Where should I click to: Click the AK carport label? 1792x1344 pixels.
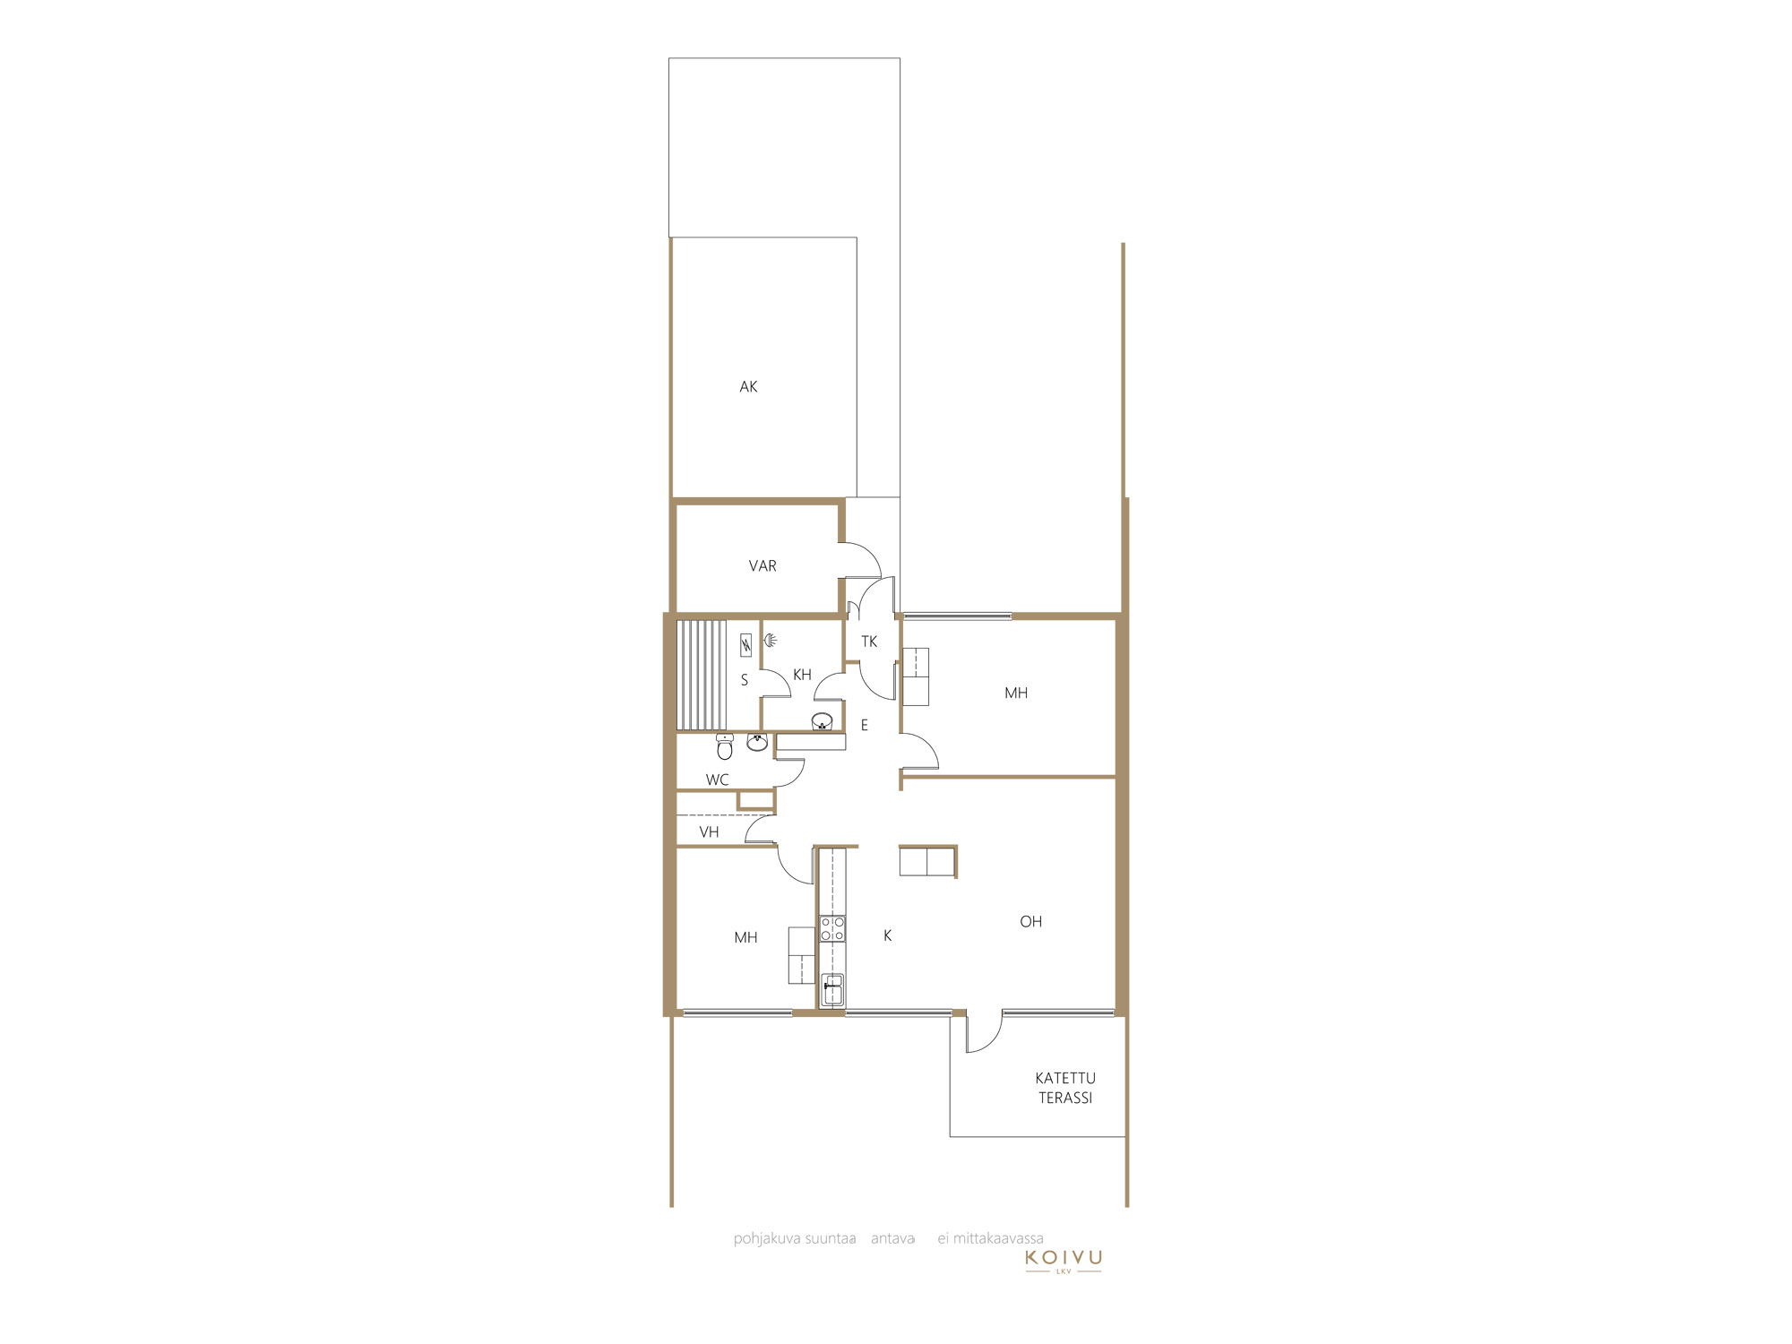click(748, 387)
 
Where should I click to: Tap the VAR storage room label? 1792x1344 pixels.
click(762, 566)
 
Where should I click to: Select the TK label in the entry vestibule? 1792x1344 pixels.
click(869, 642)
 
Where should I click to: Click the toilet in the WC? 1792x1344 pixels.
click(725, 746)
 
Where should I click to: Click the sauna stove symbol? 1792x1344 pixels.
click(745, 645)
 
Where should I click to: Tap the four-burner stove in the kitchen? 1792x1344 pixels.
click(832, 928)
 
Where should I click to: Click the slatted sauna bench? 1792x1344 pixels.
click(702, 675)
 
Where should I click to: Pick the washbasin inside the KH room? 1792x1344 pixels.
click(822, 721)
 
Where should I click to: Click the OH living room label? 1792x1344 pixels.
click(1031, 922)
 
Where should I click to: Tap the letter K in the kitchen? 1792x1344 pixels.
click(888, 935)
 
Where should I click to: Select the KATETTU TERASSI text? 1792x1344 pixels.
click(1065, 1088)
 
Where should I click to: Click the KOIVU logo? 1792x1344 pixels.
click(1064, 1260)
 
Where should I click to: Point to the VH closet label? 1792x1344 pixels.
click(709, 832)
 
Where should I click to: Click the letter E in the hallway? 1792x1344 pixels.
click(865, 726)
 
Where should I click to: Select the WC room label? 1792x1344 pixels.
click(718, 780)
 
